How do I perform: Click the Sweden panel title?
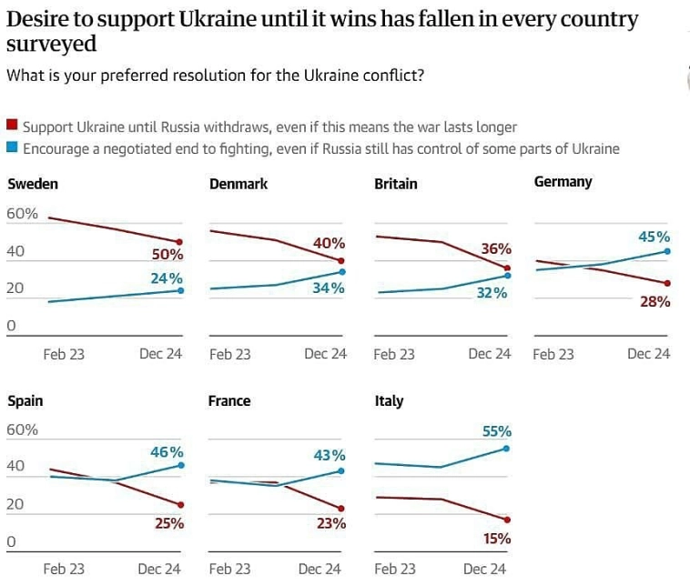click(33, 184)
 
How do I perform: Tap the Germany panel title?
click(563, 182)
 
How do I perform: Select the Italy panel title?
click(389, 401)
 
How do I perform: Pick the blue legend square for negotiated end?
click(12, 147)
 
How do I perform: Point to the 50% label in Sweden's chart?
click(167, 255)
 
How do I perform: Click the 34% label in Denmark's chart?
click(329, 288)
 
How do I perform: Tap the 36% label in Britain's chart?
click(496, 248)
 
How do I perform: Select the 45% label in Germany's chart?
click(654, 237)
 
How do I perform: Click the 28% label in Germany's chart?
click(654, 301)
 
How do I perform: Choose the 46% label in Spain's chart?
click(167, 451)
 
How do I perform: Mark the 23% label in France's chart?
click(330, 523)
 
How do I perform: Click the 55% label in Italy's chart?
click(496, 431)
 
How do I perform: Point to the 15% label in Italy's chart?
click(496, 539)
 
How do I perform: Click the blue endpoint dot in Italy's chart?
click(506, 449)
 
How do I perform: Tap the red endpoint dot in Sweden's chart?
click(180, 242)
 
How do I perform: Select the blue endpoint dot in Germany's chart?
click(668, 251)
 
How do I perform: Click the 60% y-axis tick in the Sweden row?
click(22, 215)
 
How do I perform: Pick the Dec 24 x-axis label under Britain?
click(490, 354)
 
